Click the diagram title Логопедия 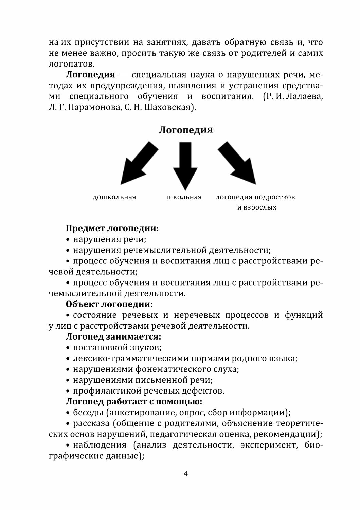click(185, 130)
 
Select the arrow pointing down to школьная click(185, 165)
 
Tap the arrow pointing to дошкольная click(138, 164)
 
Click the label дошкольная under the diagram click(114, 197)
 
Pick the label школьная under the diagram click(184, 197)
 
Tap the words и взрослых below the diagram click(257, 207)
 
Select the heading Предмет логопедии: click(112, 229)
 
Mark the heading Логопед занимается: click(113, 337)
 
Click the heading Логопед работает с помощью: click(134, 402)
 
